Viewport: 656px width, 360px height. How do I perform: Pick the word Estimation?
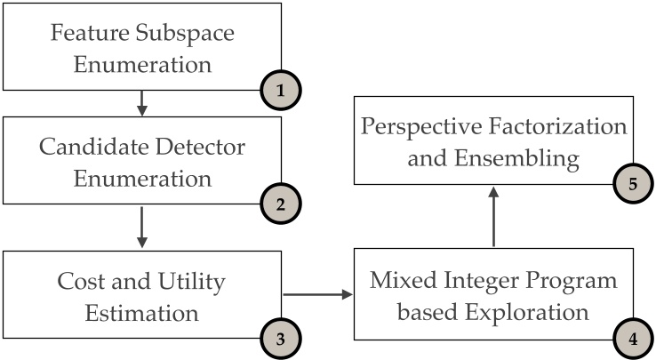click(x=143, y=312)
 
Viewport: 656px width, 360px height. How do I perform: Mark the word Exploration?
click(x=532, y=312)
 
